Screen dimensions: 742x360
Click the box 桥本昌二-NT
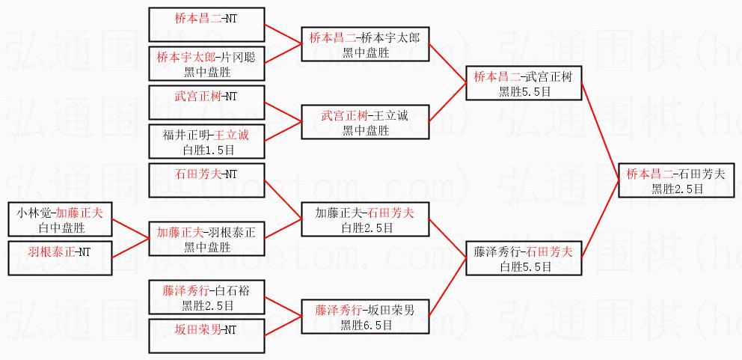pos(207,24)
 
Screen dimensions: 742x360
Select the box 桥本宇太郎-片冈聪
pos(207,64)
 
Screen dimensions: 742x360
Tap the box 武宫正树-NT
pos(207,103)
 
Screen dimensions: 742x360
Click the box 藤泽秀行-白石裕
pos(207,297)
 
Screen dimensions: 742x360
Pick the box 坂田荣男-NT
pos(207,335)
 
